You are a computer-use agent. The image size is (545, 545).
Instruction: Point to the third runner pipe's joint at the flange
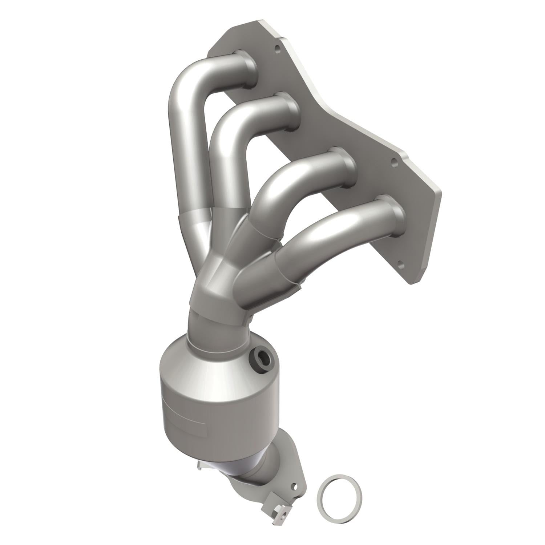pyautogui.click(x=345, y=166)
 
